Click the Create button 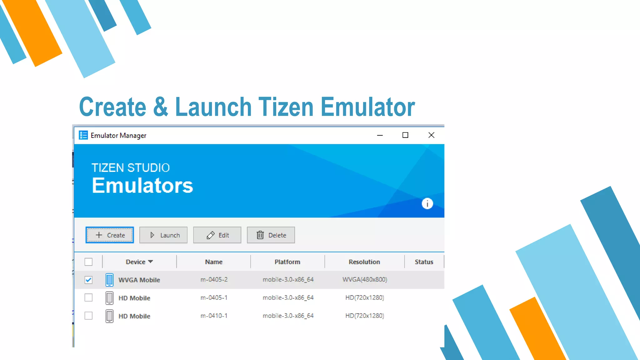(x=110, y=235)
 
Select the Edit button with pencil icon (x=217, y=235)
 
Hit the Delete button (x=271, y=235)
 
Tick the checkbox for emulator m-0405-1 (x=88, y=297)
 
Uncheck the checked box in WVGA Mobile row (x=88, y=280)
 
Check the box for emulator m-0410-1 (x=88, y=316)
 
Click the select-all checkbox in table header (x=88, y=262)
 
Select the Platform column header (x=287, y=262)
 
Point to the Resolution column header (x=364, y=262)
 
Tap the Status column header (x=424, y=262)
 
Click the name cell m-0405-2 (x=214, y=279)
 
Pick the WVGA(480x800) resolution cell (x=365, y=279)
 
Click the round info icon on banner (x=427, y=204)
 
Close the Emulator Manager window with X (x=431, y=135)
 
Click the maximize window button (x=405, y=135)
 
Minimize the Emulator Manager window (x=380, y=135)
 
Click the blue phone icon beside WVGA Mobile (x=109, y=280)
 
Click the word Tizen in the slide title (x=286, y=107)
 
